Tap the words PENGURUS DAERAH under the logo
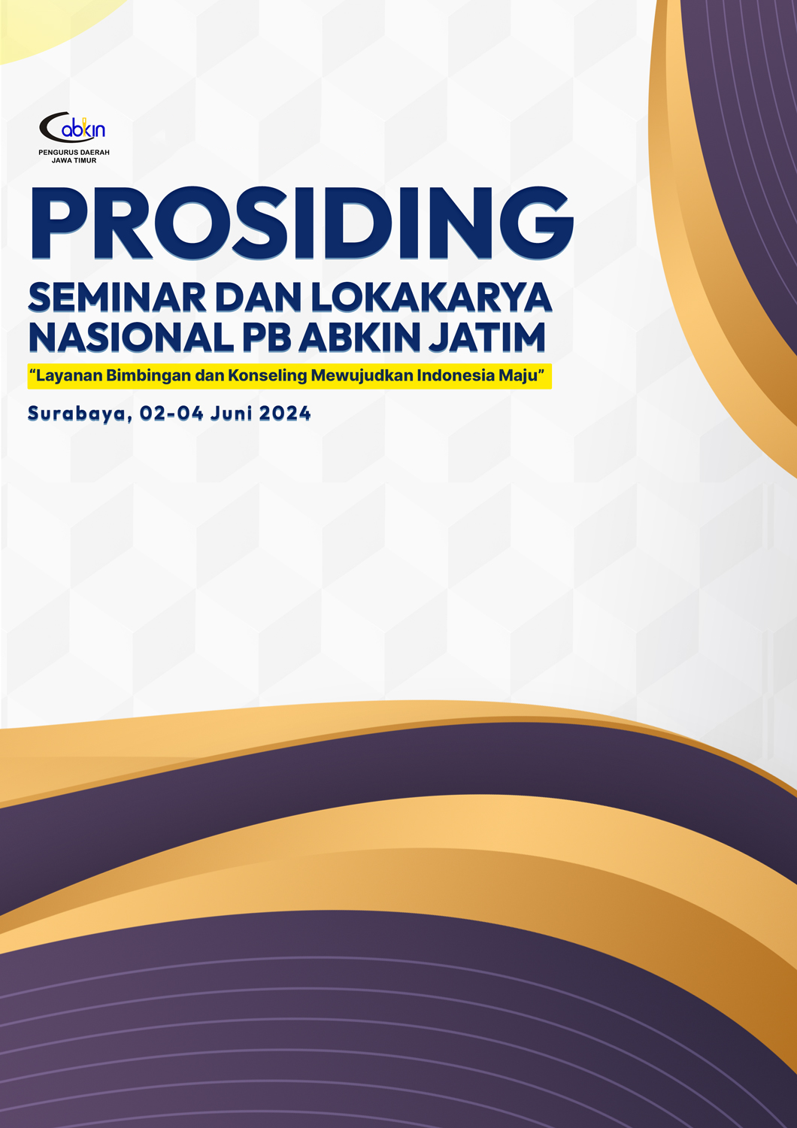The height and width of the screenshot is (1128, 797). [74, 152]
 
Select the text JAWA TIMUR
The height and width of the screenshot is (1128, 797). [74, 161]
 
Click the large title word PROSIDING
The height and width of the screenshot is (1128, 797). [302, 223]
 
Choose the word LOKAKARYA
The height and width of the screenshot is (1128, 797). [432, 298]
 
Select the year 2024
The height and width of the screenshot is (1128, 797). [285, 414]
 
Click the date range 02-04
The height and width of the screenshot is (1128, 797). [171, 414]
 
